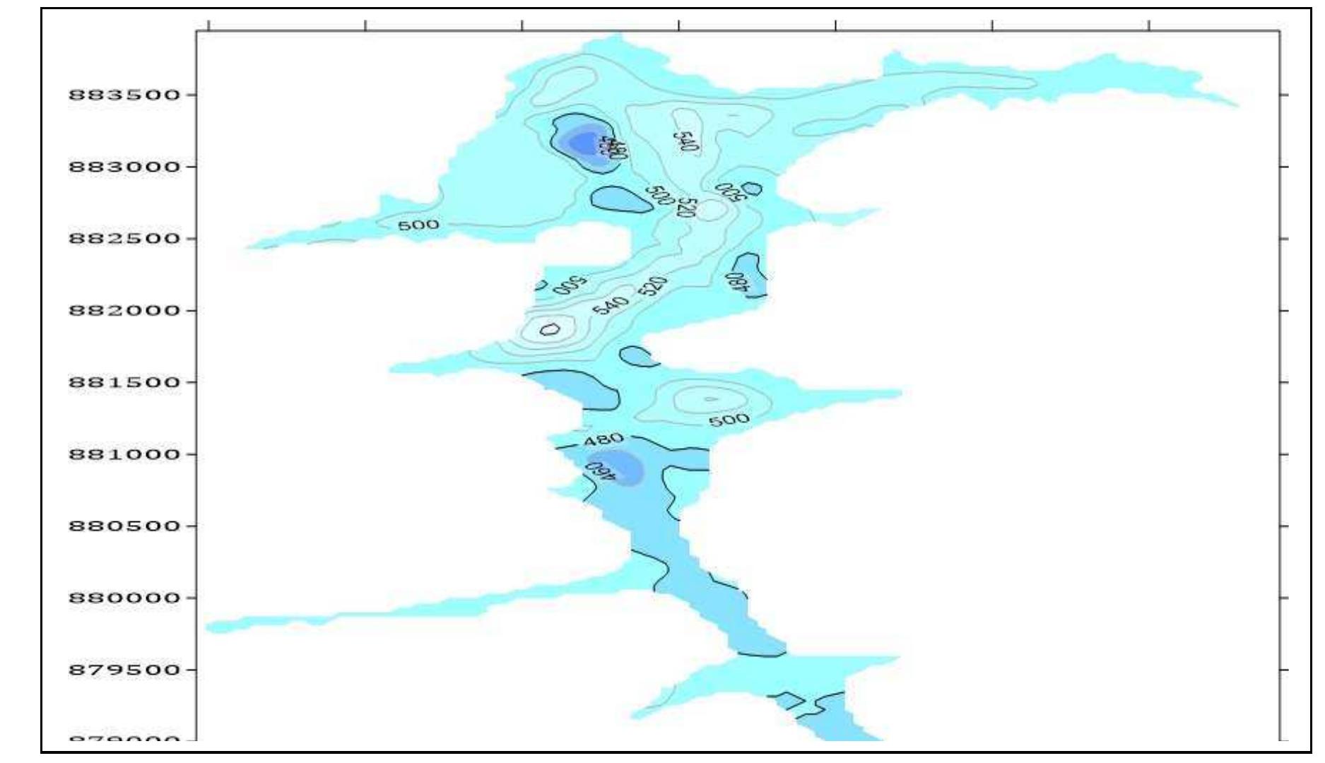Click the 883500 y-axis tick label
[x=124, y=95]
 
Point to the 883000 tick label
[x=124, y=167]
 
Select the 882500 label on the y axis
[x=124, y=239]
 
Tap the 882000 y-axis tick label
[x=124, y=311]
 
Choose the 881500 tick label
[x=124, y=383]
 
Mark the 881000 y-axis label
[x=124, y=454]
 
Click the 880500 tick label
[x=124, y=526]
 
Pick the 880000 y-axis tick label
[x=124, y=598]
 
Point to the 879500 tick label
[x=124, y=670]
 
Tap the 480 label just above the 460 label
[x=603, y=439]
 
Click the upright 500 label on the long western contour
[x=418, y=225]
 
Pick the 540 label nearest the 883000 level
[x=685, y=141]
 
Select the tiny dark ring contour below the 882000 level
[x=550, y=329]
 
